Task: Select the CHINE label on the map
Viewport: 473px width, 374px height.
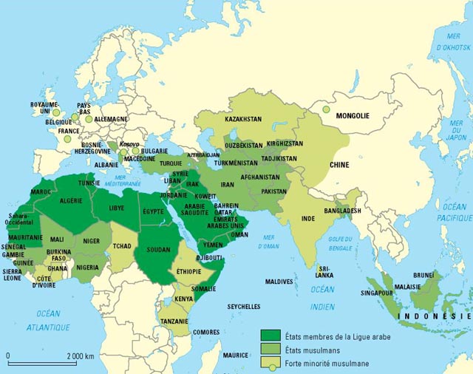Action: coord(339,165)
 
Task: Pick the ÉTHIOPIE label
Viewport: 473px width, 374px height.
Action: coord(190,271)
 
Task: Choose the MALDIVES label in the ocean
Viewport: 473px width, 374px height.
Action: coord(279,282)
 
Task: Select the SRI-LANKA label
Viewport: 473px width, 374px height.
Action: coord(324,271)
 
